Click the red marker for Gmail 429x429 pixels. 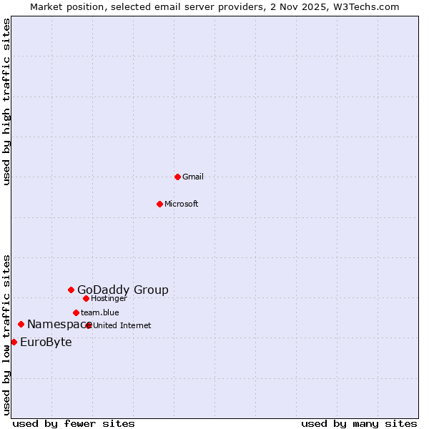177,177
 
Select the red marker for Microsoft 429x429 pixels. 160,204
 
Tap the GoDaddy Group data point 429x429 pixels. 71,290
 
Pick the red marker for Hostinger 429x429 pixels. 86,298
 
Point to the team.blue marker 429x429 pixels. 76,312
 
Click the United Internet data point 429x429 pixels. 89,325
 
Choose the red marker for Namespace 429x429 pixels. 21,324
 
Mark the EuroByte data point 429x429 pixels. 14,342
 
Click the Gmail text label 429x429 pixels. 193,177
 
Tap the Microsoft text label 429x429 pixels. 182,204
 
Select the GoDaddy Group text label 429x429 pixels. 123,290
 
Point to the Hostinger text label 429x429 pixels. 109,298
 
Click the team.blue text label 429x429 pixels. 100,312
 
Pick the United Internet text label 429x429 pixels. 122,325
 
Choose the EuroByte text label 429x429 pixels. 46,342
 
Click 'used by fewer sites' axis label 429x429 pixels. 74,423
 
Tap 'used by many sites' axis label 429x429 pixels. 359,423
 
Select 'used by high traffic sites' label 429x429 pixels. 7,102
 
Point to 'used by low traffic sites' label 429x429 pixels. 7,334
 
